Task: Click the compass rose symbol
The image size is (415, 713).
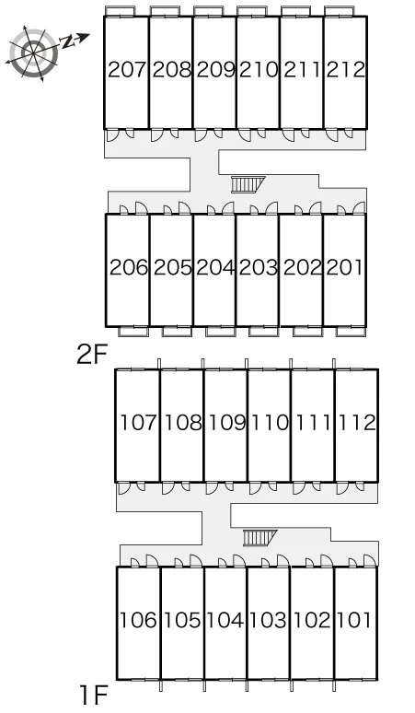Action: [x=34, y=54]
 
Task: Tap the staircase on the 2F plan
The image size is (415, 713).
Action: [x=248, y=184]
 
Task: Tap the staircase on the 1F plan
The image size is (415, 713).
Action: [x=259, y=538]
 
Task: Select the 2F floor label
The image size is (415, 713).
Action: [x=92, y=355]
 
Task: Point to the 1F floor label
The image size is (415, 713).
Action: [x=94, y=695]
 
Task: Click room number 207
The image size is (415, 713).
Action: [x=128, y=70]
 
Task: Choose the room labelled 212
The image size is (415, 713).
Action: [x=346, y=70]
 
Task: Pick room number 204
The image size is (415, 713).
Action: [x=215, y=267]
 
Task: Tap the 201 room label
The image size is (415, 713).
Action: [x=345, y=267]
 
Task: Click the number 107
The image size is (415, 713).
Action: [x=138, y=423]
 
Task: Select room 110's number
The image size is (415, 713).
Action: [x=270, y=423]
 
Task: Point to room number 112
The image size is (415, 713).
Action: [x=356, y=423]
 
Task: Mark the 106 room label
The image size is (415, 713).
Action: [x=138, y=620]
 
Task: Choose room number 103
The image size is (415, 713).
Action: [x=269, y=620]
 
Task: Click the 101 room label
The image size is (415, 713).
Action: [x=354, y=620]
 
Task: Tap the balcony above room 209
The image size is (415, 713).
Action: [x=208, y=11]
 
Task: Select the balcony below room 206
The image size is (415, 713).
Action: [x=133, y=332]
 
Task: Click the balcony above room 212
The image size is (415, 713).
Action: [x=340, y=11]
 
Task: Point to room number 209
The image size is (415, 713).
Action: [x=215, y=70]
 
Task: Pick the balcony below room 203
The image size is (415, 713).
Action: [x=264, y=332]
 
